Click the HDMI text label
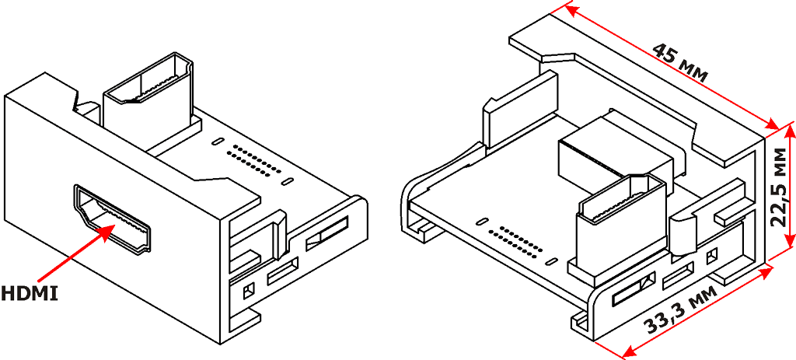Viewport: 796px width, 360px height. pyautogui.click(x=29, y=293)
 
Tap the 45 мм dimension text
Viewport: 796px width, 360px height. pyautogui.click(x=679, y=61)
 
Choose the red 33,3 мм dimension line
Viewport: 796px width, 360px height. pyautogui.click(x=696, y=313)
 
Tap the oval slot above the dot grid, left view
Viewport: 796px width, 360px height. pyautogui.click(x=217, y=141)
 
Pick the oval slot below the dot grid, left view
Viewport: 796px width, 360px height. pyautogui.click(x=288, y=182)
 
